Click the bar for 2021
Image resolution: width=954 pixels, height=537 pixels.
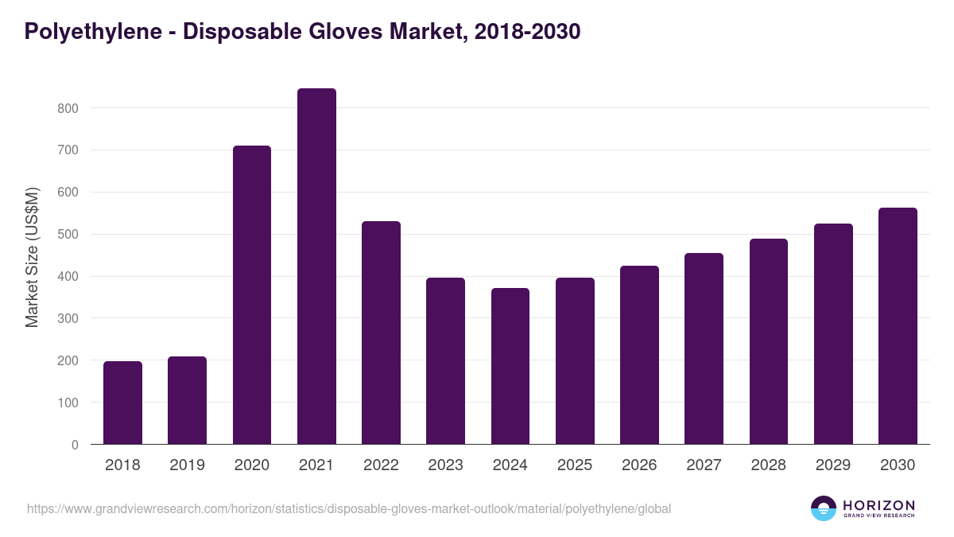[x=316, y=267]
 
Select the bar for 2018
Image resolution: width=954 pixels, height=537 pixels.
[x=122, y=403]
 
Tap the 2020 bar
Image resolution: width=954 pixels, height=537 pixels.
[x=252, y=295]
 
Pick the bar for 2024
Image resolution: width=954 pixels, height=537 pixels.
[x=510, y=366]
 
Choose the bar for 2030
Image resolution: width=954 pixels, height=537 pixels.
[x=898, y=326]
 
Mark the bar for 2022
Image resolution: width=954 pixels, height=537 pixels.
[x=381, y=333]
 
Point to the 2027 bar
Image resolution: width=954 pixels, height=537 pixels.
[x=704, y=348]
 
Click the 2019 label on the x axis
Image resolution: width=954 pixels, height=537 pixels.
[x=187, y=465]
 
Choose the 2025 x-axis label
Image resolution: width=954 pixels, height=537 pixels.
[x=575, y=465]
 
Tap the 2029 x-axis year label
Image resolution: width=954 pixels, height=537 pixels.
[x=833, y=465]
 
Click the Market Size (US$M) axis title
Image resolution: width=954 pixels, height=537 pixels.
[x=32, y=256]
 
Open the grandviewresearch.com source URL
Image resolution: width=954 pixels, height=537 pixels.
[x=349, y=508]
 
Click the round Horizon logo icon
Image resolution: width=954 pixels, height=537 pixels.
[x=824, y=508]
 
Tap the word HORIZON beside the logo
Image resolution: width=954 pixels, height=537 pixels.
[x=878, y=504]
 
